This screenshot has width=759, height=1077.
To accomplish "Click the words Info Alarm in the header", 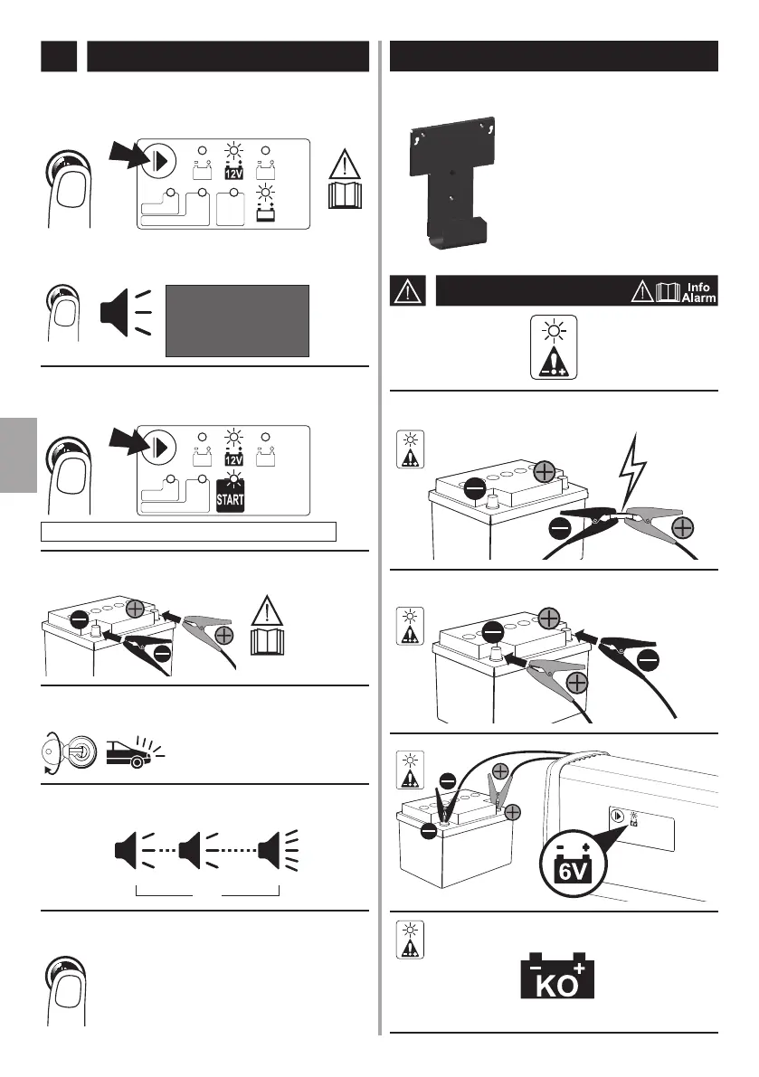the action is [x=697, y=291].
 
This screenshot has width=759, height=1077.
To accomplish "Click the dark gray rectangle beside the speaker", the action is [x=237, y=320].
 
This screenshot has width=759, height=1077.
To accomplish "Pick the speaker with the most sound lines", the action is [x=280, y=851].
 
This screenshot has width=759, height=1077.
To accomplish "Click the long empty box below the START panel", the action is [x=191, y=531].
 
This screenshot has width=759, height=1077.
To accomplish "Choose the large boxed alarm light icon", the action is [x=552, y=347].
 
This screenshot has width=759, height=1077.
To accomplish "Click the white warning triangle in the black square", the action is [x=408, y=291].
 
